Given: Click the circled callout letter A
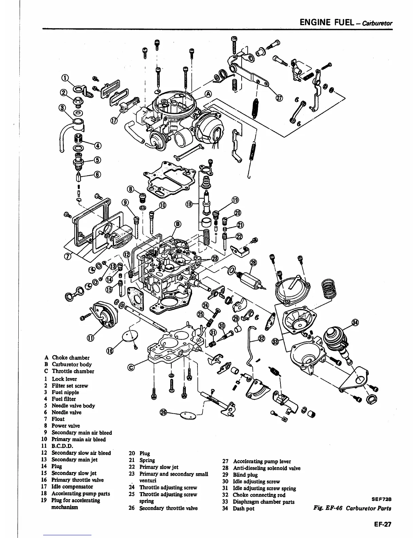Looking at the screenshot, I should pos(208,94).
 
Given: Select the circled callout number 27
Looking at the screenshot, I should pos(279,98).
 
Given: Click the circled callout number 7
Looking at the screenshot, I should pos(67,255).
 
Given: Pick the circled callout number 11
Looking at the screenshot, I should pos(90,337).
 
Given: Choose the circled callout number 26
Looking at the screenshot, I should pos(164,412).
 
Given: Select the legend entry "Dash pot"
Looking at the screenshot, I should pos(243,508).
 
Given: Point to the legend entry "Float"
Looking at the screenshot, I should pos(58,419).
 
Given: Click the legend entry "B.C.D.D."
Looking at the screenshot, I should pos(62,446).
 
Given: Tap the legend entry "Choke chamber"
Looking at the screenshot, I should pos(70,358).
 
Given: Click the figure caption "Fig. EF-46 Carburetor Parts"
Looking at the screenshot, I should pos(352,508).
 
